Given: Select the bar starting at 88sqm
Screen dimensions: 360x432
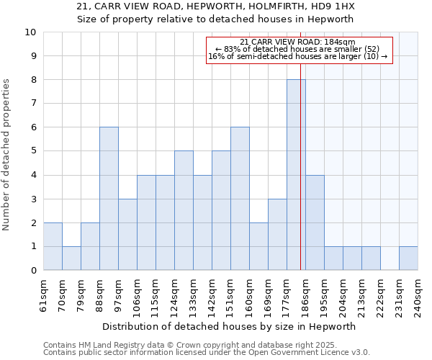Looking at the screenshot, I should (109, 199).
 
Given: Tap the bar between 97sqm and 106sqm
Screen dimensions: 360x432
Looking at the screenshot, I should (127, 235).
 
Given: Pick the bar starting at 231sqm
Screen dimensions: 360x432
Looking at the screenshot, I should (408, 258).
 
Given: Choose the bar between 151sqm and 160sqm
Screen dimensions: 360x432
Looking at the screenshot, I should (240, 199).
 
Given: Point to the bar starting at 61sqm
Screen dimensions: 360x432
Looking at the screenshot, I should (53, 246).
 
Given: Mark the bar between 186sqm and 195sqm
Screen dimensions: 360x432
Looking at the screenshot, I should (315, 222).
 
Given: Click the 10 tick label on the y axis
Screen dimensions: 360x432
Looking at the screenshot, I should (30, 32).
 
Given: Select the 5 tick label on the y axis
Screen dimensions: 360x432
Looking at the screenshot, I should (33, 151).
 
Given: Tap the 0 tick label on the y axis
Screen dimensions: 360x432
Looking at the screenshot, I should (33, 271).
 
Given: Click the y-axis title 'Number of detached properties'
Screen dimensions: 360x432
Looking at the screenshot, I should (6, 156).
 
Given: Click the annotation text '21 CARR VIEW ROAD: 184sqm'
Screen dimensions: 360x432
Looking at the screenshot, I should (297, 42).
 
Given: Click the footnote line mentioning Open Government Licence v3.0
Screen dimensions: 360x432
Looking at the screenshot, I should (207, 353).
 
